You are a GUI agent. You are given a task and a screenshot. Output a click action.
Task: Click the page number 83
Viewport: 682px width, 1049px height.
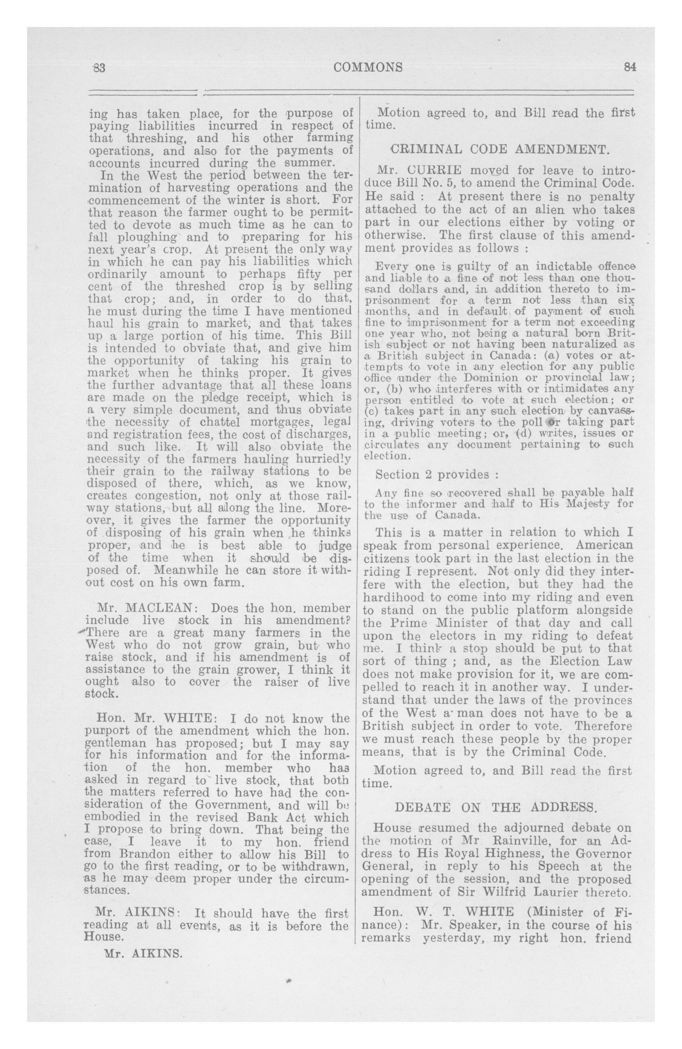point(98,67)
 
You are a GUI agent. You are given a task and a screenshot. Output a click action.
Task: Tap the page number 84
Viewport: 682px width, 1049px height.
point(630,67)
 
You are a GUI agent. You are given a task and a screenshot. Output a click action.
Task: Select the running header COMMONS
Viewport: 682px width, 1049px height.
point(368,67)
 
